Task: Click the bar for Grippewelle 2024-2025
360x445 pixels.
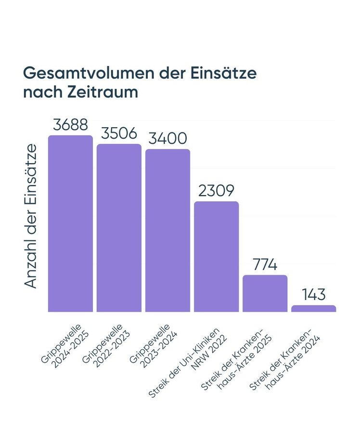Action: pos(70,223)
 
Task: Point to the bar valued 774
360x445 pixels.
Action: pos(265,293)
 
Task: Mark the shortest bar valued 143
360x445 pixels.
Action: pos(314,308)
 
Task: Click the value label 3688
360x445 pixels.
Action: pos(70,125)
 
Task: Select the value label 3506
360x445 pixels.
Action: pos(119,133)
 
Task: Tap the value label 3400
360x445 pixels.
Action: pos(168,139)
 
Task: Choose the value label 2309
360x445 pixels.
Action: pos(217,191)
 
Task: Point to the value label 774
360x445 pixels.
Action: pos(265,264)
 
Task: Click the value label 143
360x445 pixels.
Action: pos(314,294)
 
